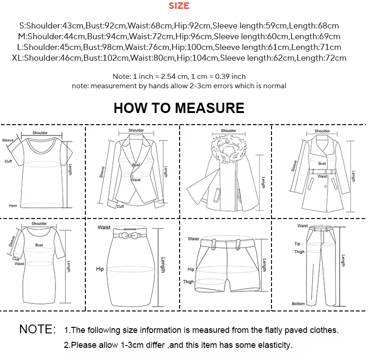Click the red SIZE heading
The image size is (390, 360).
(179, 6)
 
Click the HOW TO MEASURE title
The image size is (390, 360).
(179, 108)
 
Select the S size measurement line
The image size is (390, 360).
(179, 26)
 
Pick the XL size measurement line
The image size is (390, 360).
(179, 58)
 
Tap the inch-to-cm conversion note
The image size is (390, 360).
(179, 76)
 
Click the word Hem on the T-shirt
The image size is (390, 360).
(13, 205)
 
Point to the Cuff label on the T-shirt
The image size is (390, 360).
(8, 161)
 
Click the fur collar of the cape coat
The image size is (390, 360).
(229, 149)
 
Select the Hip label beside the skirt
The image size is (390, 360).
(100, 269)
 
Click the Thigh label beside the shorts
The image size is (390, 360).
(188, 282)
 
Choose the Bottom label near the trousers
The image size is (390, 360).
(298, 304)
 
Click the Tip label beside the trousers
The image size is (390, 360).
(297, 244)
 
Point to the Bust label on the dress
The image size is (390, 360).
(39, 245)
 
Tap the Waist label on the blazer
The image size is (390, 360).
(136, 179)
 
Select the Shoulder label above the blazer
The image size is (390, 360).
(136, 131)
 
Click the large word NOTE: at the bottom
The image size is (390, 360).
(37, 329)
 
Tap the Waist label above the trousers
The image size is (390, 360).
(303, 226)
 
